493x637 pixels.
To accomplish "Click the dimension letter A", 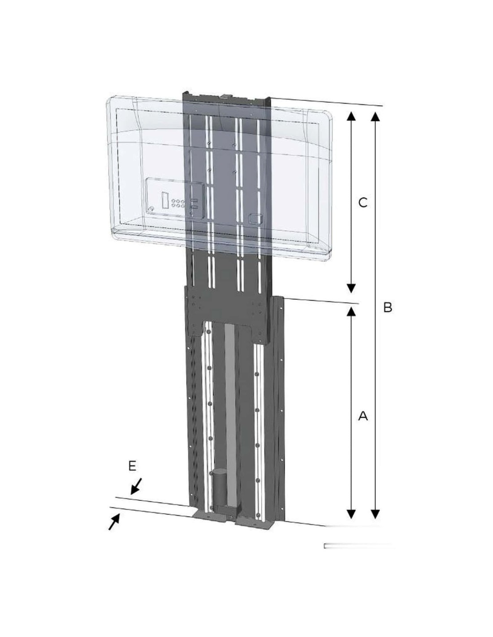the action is [363, 416].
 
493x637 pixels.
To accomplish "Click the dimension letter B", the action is [387, 307].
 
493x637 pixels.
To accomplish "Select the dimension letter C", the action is [363, 202].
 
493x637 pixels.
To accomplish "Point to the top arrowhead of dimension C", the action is [351, 116].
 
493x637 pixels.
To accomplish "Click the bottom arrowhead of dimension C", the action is [351, 288].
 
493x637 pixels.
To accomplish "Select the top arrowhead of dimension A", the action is [351, 311].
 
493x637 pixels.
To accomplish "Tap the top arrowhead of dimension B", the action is [375, 116].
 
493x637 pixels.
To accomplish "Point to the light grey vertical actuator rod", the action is [230, 416].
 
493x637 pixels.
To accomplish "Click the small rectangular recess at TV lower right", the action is [255, 219].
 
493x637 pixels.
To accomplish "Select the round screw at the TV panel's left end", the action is [151, 209].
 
